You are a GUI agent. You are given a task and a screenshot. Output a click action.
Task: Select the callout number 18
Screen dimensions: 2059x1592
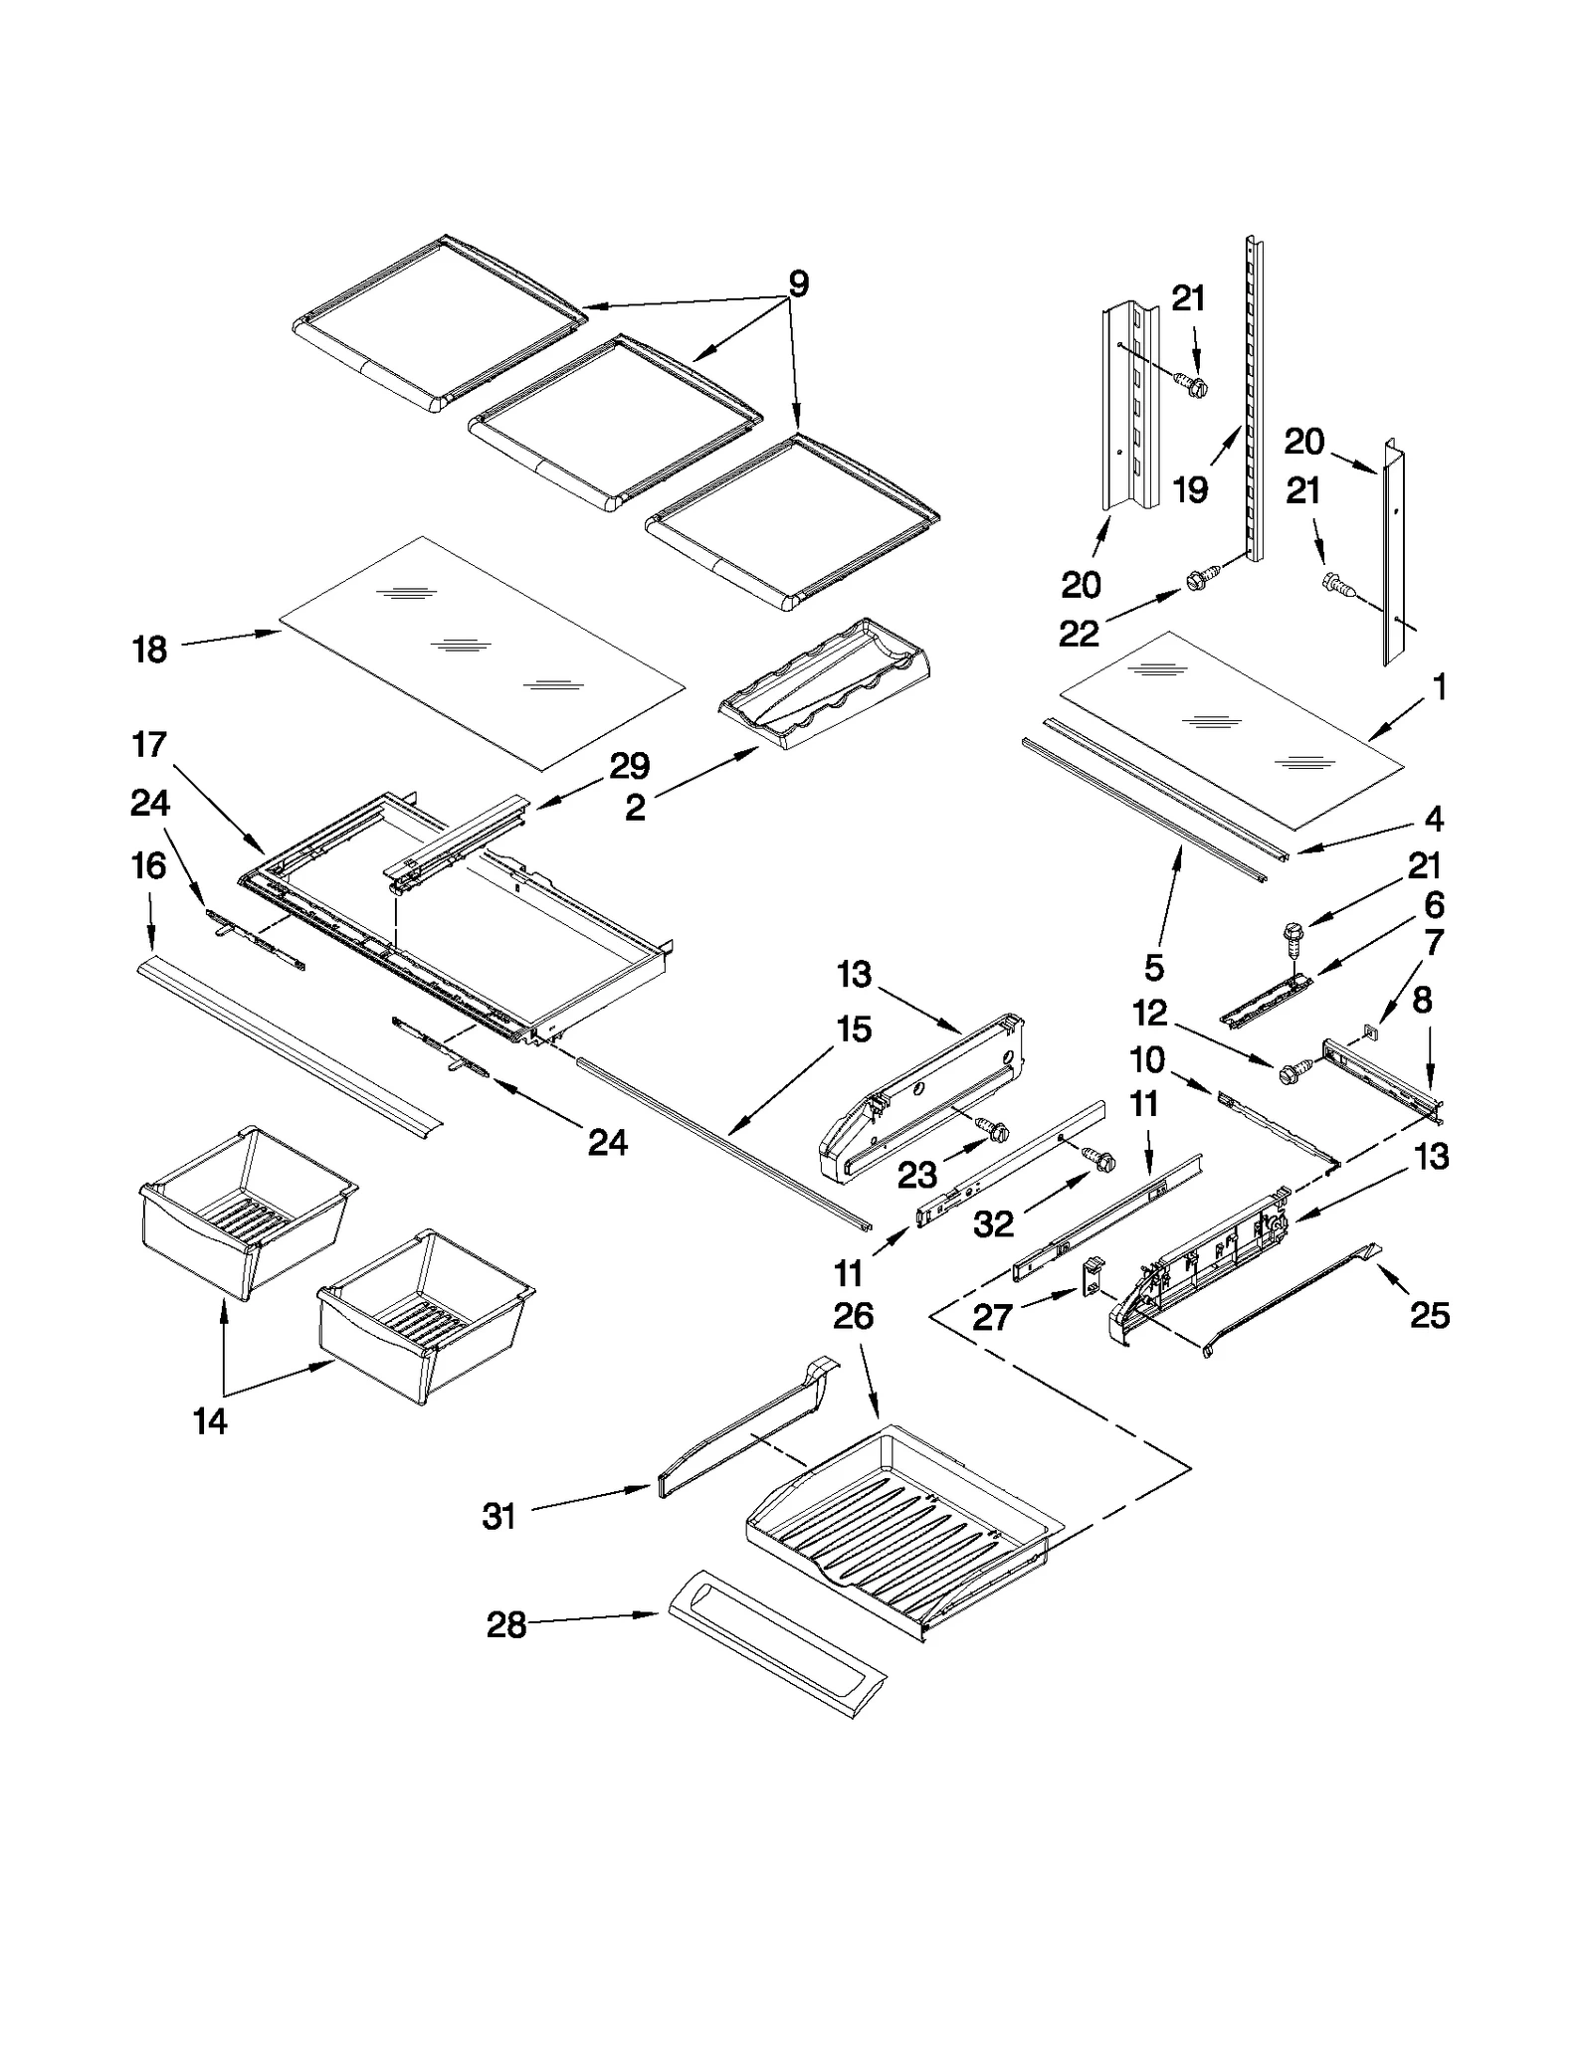[150, 651]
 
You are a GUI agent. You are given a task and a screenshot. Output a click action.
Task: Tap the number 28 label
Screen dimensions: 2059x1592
[505, 1625]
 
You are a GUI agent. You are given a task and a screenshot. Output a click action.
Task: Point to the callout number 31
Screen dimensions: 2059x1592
[498, 1516]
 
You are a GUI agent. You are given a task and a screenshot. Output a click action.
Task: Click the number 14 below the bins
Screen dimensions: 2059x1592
[210, 1421]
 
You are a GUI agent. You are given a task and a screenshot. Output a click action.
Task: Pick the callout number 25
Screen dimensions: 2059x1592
[1430, 1315]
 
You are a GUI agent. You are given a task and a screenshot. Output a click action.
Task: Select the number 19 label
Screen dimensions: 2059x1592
[1190, 489]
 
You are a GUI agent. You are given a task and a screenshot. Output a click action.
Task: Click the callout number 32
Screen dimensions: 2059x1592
[993, 1223]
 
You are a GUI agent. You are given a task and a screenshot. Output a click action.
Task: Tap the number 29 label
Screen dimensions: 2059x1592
[630, 766]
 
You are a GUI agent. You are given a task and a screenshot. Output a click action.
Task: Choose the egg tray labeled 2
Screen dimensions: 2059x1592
[826, 686]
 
